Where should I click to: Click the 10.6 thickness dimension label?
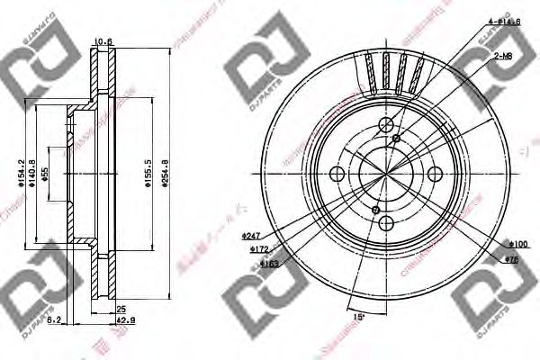[104, 41]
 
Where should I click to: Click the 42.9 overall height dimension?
[128, 319]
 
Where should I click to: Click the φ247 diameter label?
[251, 236]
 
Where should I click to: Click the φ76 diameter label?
[514, 259]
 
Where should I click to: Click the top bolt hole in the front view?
[385, 125]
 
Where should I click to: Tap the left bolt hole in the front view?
[337, 175]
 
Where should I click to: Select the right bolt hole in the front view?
[436, 175]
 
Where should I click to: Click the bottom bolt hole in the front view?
[385, 223]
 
